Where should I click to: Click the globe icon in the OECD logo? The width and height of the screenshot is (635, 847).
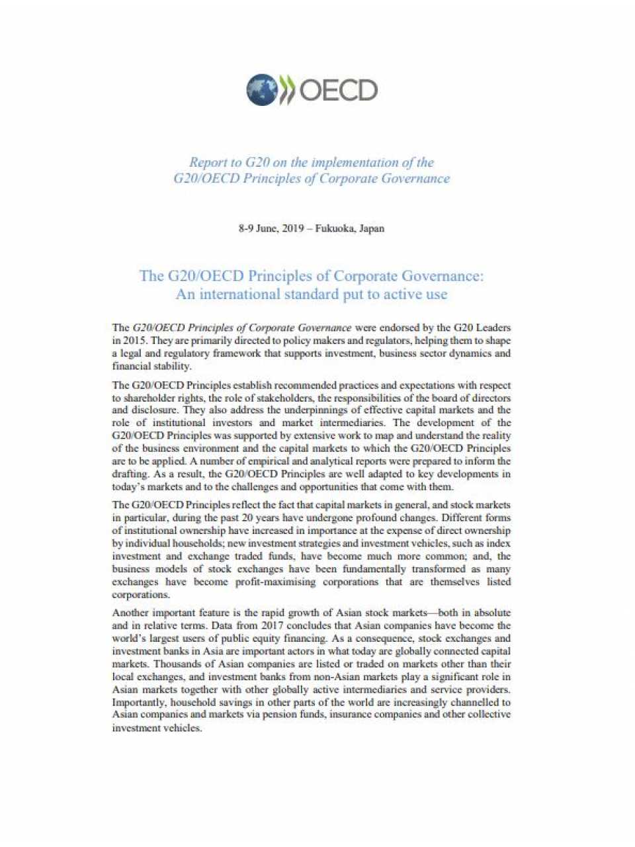coord(262,90)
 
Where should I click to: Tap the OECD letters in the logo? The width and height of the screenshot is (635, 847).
coord(339,91)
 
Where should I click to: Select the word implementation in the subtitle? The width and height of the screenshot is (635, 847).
coord(360,162)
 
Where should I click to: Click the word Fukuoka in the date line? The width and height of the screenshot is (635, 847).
coord(335,228)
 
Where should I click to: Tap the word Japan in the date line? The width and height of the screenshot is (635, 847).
coord(372,228)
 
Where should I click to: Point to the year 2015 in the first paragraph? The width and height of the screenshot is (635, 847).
coord(134,341)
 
